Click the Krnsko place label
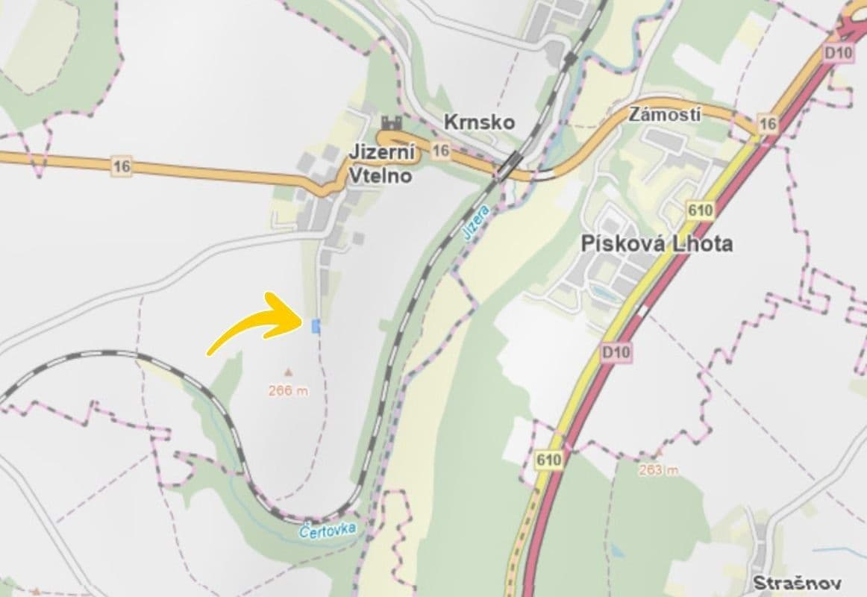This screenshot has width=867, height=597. coord(478,122)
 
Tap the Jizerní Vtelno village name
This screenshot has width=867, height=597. coord(381,163)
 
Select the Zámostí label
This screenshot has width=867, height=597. coord(654,115)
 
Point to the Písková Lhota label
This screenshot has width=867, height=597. coord(656,243)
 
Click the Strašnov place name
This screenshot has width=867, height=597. coord(796,583)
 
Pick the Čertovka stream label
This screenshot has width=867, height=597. coord(327,531)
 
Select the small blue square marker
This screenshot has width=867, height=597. coord(316,325)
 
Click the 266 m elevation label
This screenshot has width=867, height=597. coord(288,390)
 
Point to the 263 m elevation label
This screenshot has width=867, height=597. coord(658,470)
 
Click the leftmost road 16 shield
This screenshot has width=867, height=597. coord(122,167)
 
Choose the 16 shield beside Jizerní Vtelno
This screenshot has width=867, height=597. coord(441,151)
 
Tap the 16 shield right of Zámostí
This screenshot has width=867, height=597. coord(767,124)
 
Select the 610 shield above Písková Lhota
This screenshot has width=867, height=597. coord(701,210)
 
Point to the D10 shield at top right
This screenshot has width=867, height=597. coord(839,53)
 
